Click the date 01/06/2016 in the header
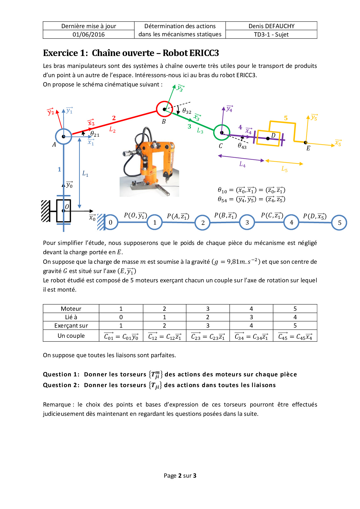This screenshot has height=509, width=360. (x=89, y=35)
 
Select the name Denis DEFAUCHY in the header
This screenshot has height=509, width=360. (x=271, y=26)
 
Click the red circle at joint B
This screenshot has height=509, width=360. (x=164, y=109)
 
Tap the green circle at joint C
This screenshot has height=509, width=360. (x=222, y=132)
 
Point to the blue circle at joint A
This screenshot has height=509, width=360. (x=63, y=136)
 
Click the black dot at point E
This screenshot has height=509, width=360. (x=305, y=142)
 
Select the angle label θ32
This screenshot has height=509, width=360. (x=187, y=111)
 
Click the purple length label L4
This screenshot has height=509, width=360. (x=242, y=165)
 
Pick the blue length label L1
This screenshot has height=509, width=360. (x=85, y=174)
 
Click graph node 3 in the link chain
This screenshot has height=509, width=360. (x=247, y=223)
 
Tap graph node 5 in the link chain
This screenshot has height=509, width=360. (x=339, y=223)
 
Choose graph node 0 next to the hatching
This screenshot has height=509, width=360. (x=110, y=223)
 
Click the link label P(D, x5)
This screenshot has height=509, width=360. (x=315, y=216)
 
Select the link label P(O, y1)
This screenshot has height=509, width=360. (x=135, y=215)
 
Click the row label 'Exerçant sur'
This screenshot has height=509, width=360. (x=71, y=326)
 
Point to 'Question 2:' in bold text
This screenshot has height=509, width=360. (x=61, y=385)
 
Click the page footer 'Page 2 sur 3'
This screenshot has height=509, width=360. (x=180, y=476)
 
